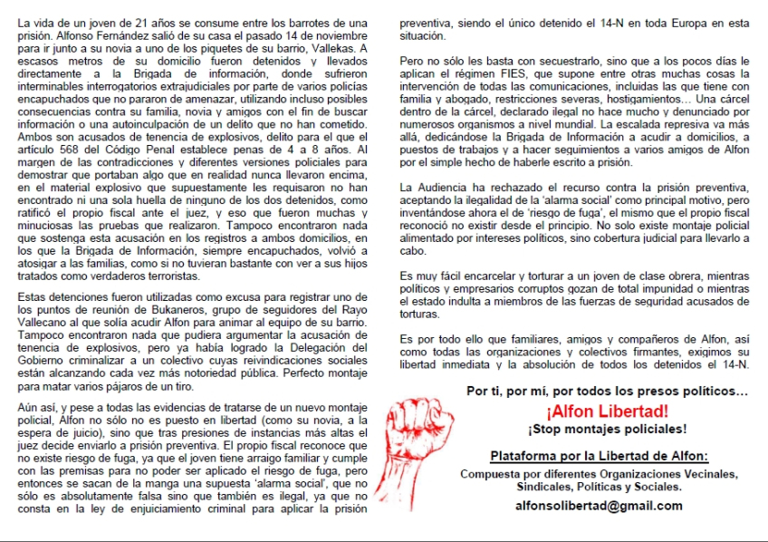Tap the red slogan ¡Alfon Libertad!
607,410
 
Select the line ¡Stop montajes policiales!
607,429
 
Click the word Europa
677,22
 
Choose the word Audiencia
445,186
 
